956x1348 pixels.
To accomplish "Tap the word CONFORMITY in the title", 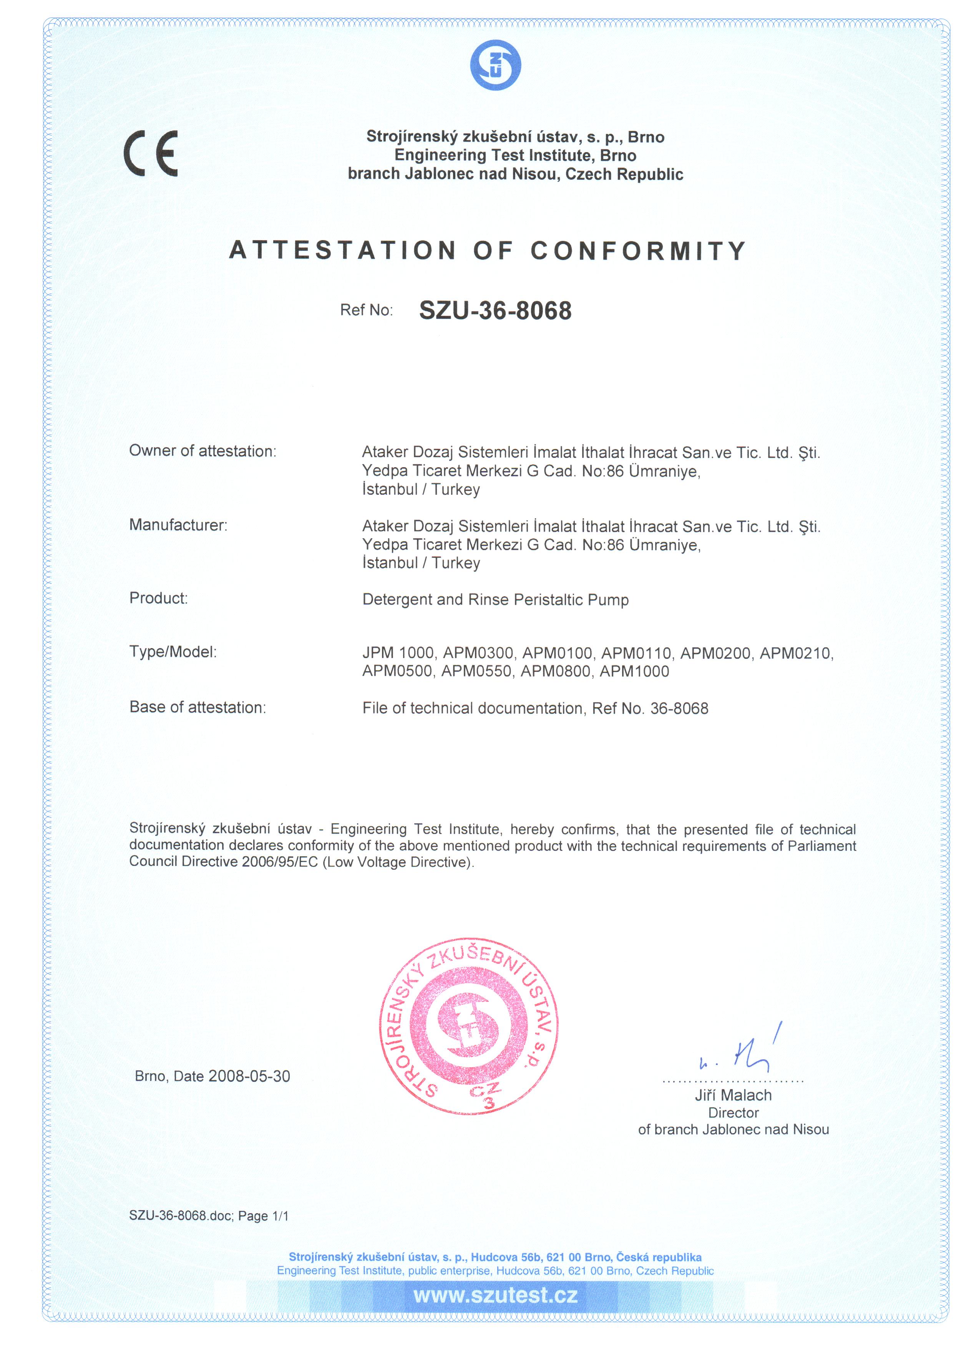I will (638, 250).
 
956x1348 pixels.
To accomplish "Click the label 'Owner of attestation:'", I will (202, 451).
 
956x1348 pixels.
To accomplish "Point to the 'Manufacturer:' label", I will (178, 525).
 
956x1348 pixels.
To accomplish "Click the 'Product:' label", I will (158, 599).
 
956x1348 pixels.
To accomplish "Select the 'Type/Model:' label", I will (173, 652).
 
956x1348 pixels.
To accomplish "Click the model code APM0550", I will (476, 672).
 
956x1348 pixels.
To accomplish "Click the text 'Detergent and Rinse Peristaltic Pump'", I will (496, 600).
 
